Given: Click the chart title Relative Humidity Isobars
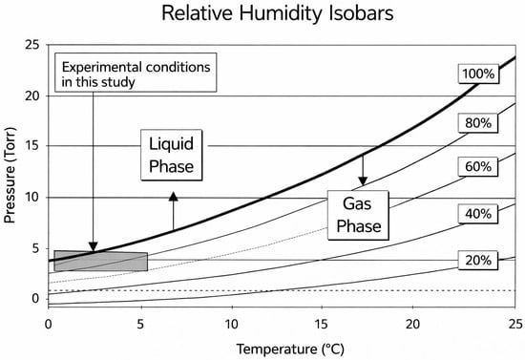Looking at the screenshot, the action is click(x=278, y=14).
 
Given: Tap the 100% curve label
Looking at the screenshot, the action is click(x=478, y=74).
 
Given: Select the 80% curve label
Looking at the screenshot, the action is click(x=478, y=123).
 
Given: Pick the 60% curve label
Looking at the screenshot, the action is click(x=478, y=166).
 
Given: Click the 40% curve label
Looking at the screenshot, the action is click(x=478, y=214).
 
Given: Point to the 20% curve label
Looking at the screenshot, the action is click(x=478, y=260).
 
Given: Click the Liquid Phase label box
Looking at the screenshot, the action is click(x=172, y=155).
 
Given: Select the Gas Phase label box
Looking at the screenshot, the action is click(x=358, y=215).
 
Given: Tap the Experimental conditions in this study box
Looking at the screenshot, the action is click(x=136, y=73).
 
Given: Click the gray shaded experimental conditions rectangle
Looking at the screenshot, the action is click(x=101, y=261).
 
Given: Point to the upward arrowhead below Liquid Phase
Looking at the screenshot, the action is click(x=173, y=197).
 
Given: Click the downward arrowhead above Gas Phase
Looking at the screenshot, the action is click(x=363, y=181).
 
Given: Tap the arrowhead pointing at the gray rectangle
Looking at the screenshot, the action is click(x=94, y=246).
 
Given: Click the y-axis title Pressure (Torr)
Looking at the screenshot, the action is click(x=10, y=175).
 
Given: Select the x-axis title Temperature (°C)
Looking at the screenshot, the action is click(x=290, y=349).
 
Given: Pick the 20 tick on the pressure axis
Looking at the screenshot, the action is click(x=32, y=96).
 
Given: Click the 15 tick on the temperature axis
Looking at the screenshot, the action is click(x=322, y=324).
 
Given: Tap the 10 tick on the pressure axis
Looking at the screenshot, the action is click(x=32, y=198).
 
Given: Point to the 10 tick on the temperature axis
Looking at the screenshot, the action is click(x=231, y=324).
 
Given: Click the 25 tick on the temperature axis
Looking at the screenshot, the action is click(x=514, y=324).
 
